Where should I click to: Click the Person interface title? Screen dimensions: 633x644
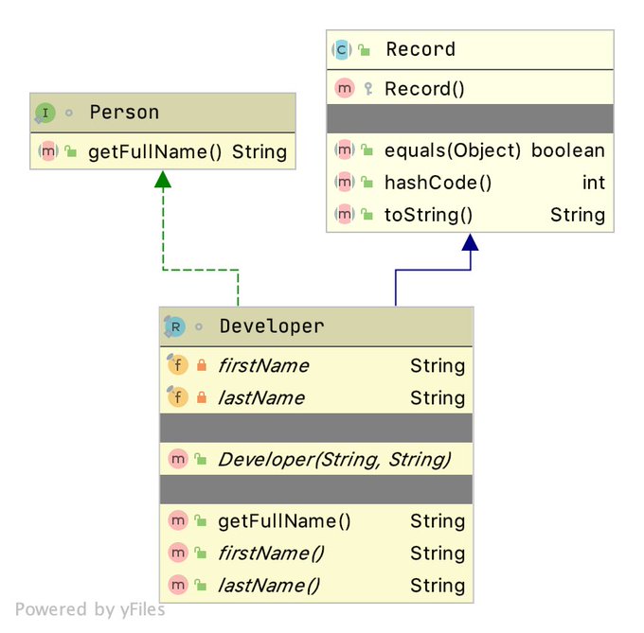124,113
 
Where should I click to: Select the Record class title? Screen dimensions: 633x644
420,49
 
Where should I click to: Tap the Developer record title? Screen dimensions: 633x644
272,326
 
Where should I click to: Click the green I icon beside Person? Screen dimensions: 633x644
45,113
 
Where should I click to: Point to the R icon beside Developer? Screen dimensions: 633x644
175,326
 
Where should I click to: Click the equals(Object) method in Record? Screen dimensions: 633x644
453,150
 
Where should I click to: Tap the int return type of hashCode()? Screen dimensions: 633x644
593,183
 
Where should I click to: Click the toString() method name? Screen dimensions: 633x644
428,215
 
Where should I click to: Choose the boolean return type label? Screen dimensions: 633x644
568,150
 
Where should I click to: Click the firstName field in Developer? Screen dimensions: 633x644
263,366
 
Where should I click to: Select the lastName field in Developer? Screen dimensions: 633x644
261,398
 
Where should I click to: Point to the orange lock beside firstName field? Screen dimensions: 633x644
201,366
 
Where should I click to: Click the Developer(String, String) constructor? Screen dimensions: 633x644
333,460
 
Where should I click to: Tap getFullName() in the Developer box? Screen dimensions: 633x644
284,521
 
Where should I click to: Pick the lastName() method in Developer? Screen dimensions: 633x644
268,586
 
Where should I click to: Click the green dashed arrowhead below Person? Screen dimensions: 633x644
163,180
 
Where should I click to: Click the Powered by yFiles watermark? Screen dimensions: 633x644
90,609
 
